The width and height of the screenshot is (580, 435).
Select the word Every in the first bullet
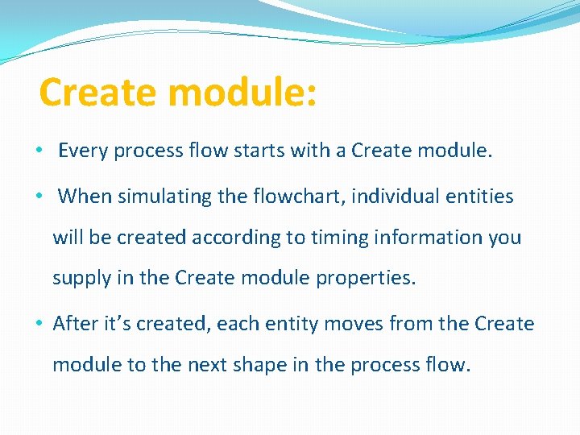tap(85, 151)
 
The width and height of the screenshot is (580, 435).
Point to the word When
tap(85, 196)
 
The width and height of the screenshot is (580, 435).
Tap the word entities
tap(477, 196)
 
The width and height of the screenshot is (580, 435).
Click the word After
tap(75, 323)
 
